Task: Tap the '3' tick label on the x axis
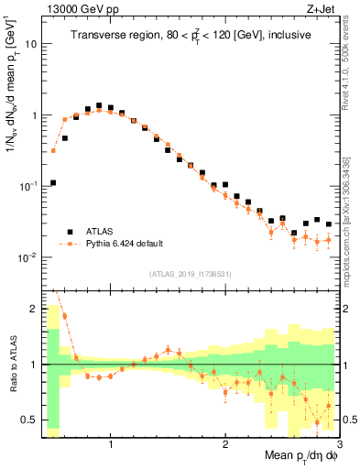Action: (339, 444)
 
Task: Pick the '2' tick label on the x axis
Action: (225, 444)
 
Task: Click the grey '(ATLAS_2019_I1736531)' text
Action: (191, 274)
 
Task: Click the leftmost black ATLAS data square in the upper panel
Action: (53, 182)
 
